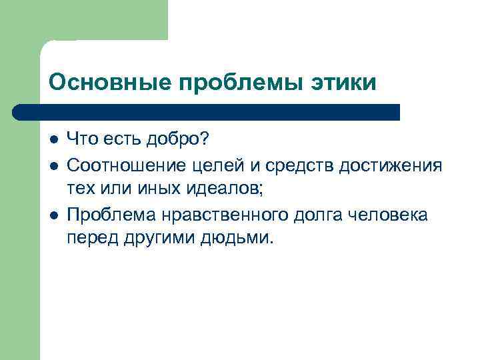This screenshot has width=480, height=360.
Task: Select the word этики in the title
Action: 346,83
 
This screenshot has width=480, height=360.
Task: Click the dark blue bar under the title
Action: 207,112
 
